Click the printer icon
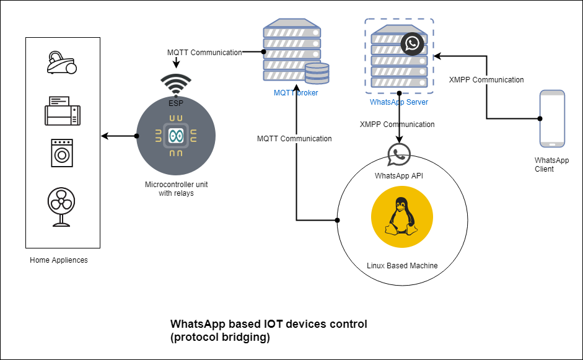(x=63, y=111)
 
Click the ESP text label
(x=176, y=103)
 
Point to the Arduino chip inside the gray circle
(x=176, y=136)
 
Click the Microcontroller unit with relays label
(x=176, y=189)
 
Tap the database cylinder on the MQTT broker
(x=317, y=73)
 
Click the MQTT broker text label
(x=296, y=93)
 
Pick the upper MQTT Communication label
(x=204, y=53)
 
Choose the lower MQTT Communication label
(x=294, y=139)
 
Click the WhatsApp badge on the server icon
(x=412, y=44)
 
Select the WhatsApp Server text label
(x=399, y=102)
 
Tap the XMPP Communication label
(x=486, y=80)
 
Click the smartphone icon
(x=552, y=118)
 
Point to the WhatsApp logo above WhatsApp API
(x=399, y=155)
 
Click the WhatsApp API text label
(x=399, y=176)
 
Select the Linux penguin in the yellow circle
(x=401, y=216)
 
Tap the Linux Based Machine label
(x=402, y=266)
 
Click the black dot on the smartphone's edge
(x=540, y=118)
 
